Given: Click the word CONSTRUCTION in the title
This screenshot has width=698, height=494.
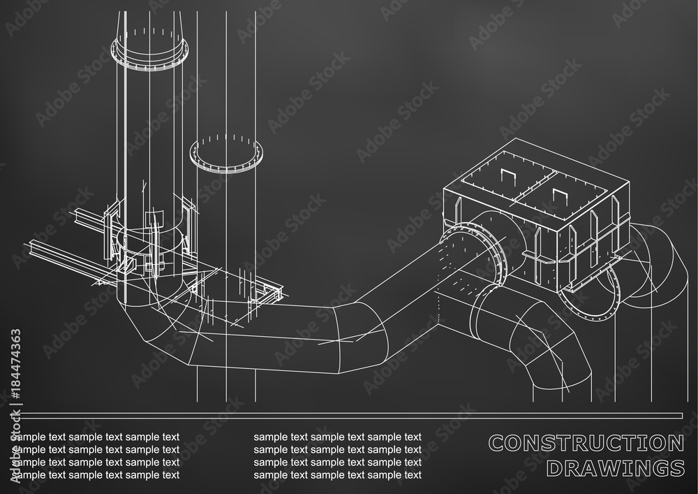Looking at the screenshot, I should pos(586,443).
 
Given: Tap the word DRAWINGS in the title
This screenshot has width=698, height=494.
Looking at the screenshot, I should pos(614,467).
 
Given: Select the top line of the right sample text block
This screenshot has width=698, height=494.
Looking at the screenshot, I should pos(338,437).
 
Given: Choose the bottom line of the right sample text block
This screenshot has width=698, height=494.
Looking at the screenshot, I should pos(338,474).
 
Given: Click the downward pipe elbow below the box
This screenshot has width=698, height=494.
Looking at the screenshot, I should pos(537,342).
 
